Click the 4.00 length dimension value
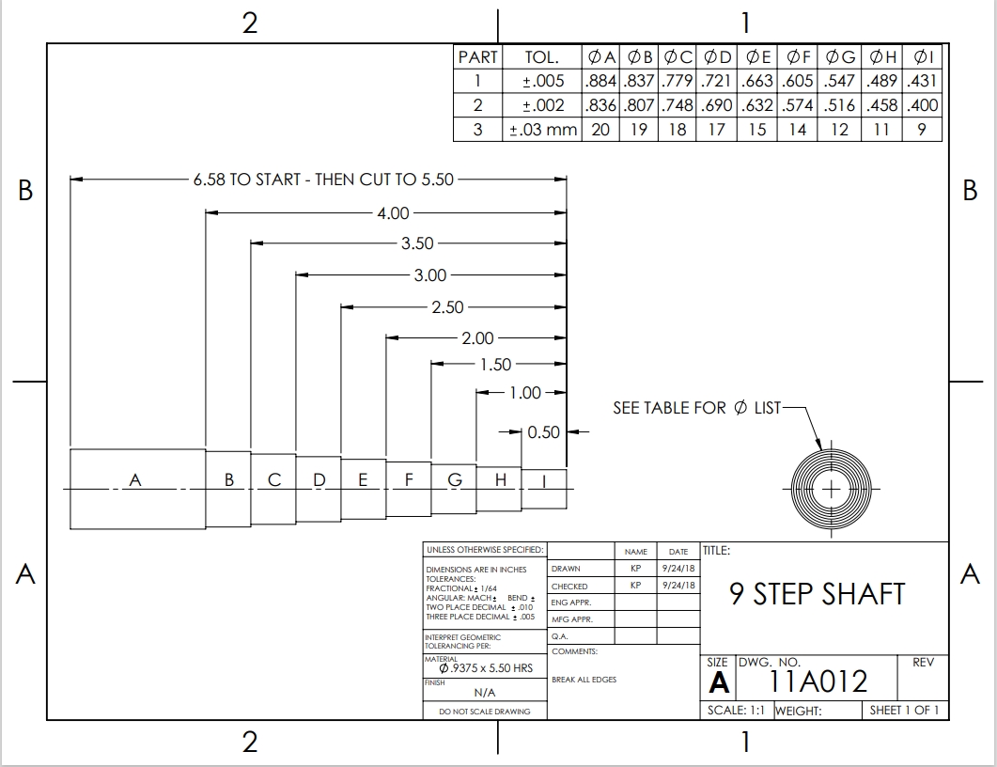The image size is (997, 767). point(393,213)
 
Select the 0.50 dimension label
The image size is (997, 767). point(543,432)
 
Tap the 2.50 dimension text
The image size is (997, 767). point(447,306)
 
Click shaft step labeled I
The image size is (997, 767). point(543,481)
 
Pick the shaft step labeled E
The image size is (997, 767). point(363,480)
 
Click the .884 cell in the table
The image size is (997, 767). point(601,81)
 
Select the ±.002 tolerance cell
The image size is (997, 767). point(543,105)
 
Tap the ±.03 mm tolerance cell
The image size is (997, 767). point(543,130)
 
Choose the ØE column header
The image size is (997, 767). point(758,56)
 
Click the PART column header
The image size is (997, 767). point(477,56)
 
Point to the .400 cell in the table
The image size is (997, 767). point(923,105)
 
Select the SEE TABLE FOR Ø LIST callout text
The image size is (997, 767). point(696,408)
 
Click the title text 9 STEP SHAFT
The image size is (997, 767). point(818,594)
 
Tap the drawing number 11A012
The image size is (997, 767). point(818,681)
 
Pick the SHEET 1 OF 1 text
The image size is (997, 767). point(904,710)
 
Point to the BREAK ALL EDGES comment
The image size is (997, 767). point(584,680)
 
